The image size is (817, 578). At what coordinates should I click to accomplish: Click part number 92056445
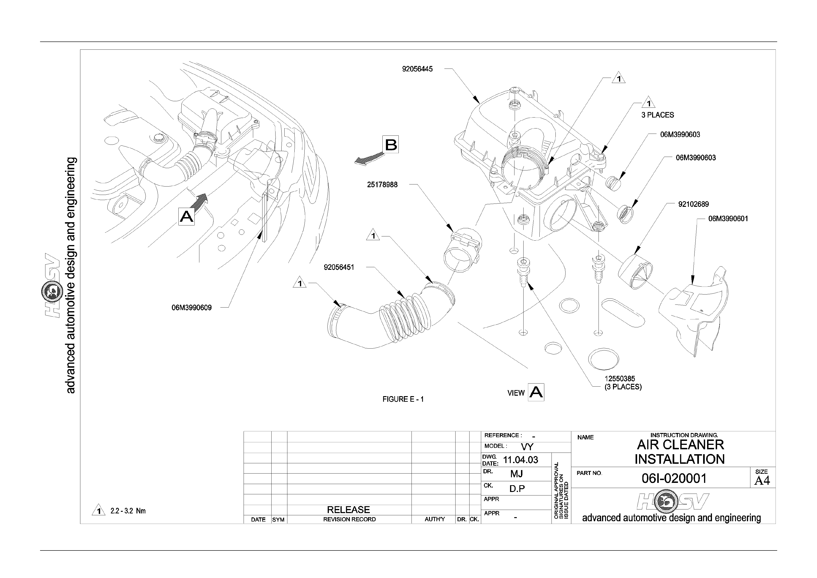coord(417,69)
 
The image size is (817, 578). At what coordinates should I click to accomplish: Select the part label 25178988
coord(382,185)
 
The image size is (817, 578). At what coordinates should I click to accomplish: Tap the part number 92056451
coord(339,267)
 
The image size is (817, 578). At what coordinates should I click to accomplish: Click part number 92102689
coord(694,204)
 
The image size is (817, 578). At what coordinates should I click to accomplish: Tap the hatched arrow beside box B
coord(369,158)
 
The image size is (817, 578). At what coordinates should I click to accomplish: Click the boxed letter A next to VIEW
coord(536,392)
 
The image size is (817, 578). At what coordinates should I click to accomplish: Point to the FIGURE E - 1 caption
coord(403,399)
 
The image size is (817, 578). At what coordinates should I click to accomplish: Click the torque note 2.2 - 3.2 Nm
coord(128,511)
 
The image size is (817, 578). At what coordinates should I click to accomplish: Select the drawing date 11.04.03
coord(521,460)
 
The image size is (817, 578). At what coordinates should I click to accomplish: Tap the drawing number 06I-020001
coord(674,478)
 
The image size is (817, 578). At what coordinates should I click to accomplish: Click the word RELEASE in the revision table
coord(348,510)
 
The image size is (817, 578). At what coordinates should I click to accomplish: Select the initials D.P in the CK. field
coord(517,489)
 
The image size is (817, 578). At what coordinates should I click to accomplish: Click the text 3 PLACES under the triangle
coord(658,115)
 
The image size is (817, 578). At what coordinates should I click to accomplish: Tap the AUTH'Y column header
coord(435,519)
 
